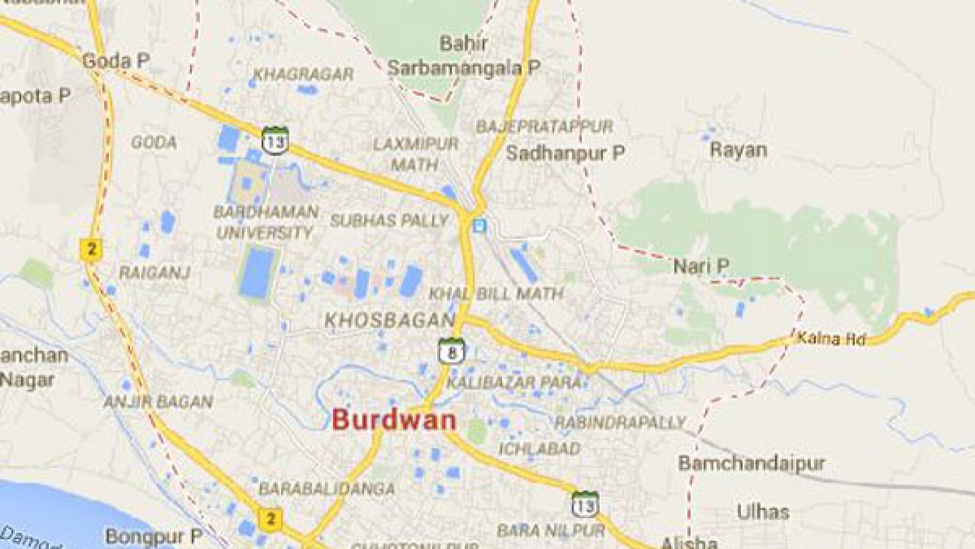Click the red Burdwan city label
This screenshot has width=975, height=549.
click(393, 420)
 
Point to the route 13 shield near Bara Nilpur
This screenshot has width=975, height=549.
click(584, 503)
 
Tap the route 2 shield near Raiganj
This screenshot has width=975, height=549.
click(90, 249)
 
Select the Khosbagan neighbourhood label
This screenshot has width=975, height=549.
click(389, 320)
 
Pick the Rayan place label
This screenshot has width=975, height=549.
click(738, 150)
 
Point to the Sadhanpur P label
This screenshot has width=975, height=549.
click(565, 152)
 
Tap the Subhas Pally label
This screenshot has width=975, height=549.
click(389, 220)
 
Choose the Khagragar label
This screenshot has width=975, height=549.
click(303, 75)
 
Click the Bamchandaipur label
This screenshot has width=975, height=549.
click(752, 464)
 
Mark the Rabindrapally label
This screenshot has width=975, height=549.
click(620, 423)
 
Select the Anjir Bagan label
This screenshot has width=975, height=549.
click(158, 402)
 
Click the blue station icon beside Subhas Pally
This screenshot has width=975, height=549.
click(480, 225)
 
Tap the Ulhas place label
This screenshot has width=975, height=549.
click(762, 512)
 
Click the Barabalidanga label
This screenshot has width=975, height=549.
click(327, 489)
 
